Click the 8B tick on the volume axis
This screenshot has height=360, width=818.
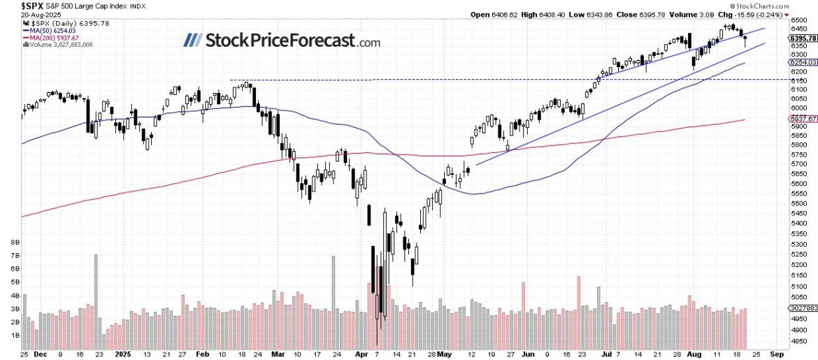tap(14, 243)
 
